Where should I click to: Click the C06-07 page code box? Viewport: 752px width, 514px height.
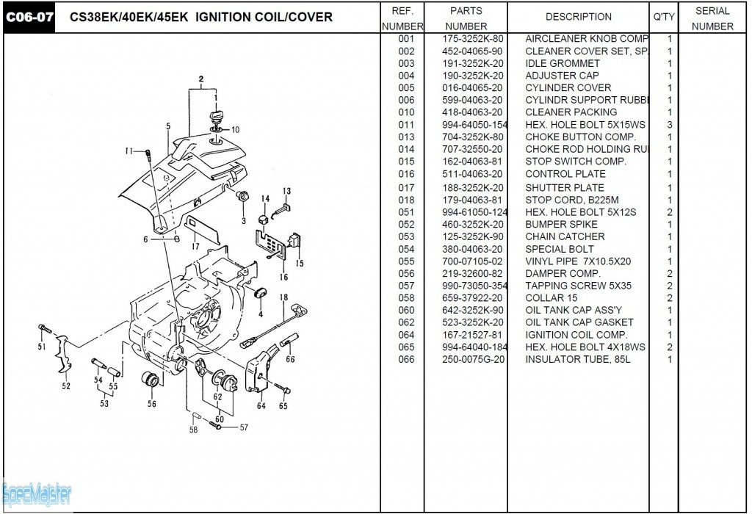click(30, 17)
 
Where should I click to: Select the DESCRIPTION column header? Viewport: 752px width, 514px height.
click(579, 16)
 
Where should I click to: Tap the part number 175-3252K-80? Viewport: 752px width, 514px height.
click(473, 38)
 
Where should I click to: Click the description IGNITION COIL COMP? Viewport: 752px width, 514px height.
click(576, 335)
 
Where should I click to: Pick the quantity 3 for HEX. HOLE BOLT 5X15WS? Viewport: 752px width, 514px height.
click(670, 125)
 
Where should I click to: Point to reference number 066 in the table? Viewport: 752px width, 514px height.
click(406, 359)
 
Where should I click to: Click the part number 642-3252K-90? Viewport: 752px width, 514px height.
click(473, 310)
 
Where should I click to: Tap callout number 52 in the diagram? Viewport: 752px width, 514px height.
click(66, 385)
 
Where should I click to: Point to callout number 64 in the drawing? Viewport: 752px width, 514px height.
click(261, 406)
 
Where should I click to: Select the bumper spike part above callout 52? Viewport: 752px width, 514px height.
click(65, 362)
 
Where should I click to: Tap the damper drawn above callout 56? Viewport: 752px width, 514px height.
click(151, 383)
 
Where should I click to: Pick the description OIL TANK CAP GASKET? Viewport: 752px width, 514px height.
click(579, 322)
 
